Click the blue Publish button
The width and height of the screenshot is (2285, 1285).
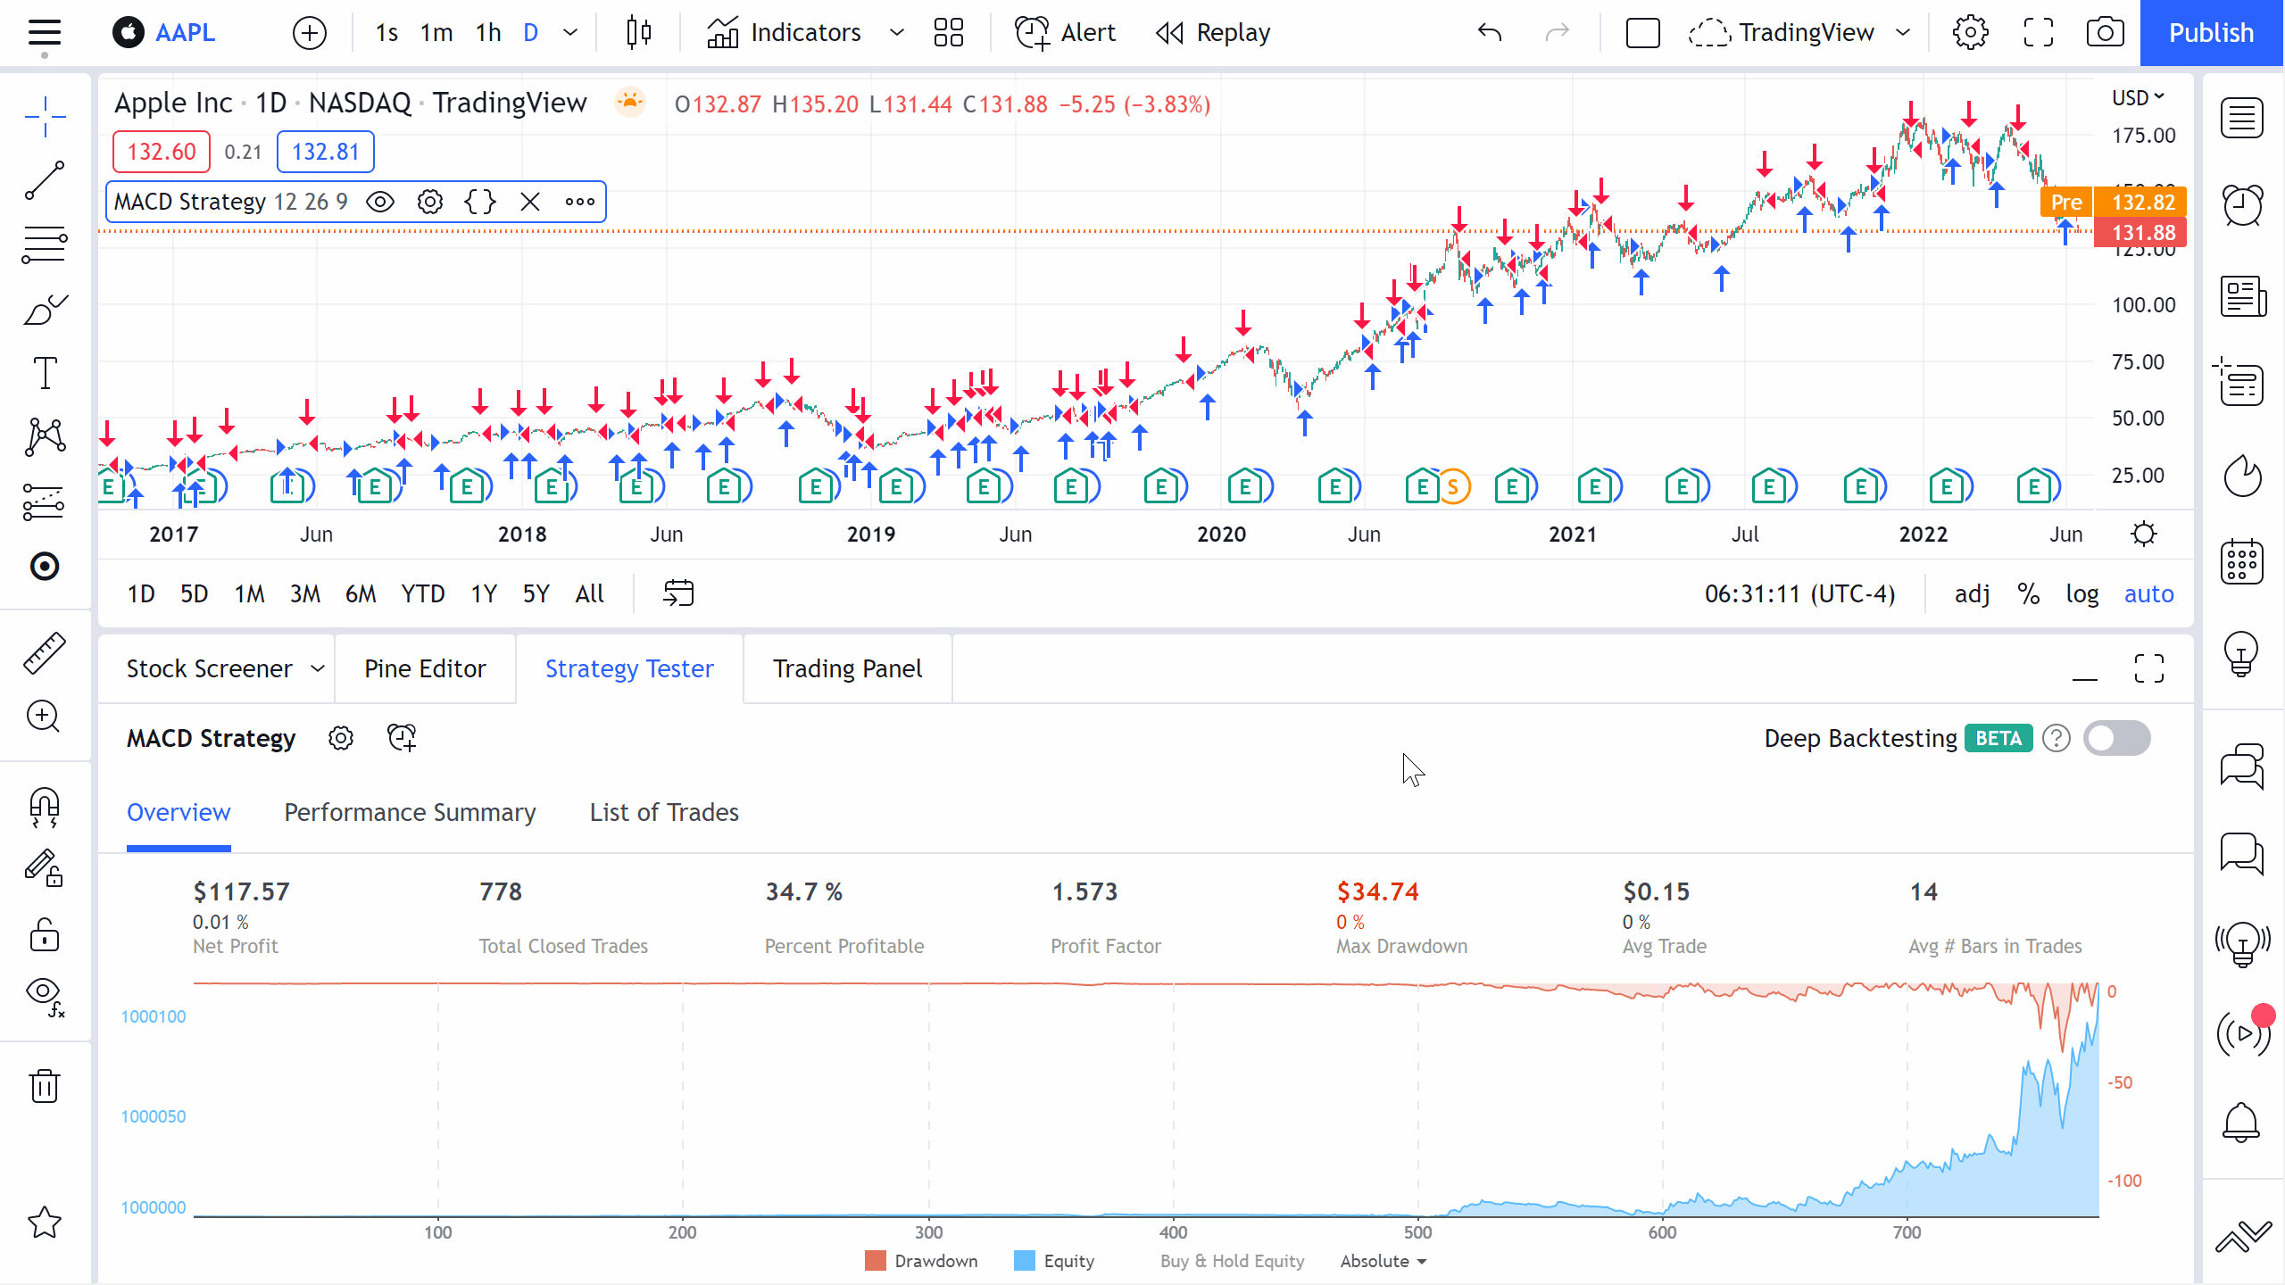2211,33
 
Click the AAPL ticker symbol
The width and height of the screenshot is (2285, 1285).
185,33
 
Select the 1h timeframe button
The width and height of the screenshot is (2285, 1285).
487,33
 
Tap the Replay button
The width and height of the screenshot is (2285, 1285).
1213,33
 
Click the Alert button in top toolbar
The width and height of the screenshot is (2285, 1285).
1066,33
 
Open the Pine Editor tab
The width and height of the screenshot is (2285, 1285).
425,668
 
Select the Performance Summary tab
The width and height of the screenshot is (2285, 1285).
410,812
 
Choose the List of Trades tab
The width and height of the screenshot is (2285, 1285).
664,812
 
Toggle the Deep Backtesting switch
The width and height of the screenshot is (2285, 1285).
2116,738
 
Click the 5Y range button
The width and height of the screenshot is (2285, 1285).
536,593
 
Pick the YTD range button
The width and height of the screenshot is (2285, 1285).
422,593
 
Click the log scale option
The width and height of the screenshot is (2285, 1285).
2081,593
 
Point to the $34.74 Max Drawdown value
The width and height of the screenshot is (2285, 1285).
1377,891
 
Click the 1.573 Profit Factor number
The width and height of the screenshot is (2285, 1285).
1084,891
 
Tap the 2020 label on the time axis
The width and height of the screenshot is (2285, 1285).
1220,535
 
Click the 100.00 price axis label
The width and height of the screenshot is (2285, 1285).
2143,305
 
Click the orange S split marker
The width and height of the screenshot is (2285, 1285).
1453,487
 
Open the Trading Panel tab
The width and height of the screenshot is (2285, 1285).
847,668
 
